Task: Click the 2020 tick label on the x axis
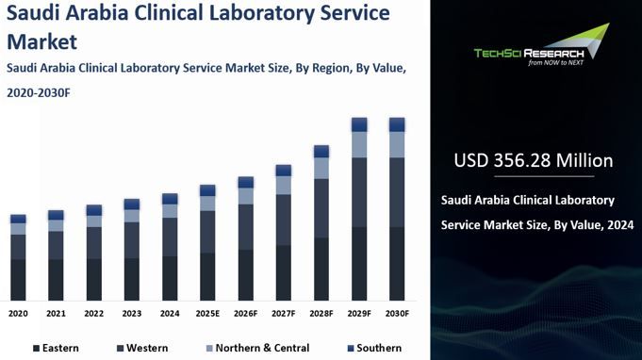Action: (x=18, y=313)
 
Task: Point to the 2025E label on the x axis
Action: (x=207, y=313)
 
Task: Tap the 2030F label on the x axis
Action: (x=397, y=313)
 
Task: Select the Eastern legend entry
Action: (x=56, y=348)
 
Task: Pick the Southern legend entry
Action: (x=373, y=348)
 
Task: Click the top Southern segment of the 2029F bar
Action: (x=359, y=124)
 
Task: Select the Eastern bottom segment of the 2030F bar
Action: (x=397, y=264)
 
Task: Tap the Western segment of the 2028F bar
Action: (x=321, y=208)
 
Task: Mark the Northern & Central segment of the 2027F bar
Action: (x=283, y=185)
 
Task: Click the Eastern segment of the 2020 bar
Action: (x=18, y=280)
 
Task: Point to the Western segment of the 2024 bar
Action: (x=170, y=237)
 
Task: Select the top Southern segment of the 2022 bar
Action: (x=93, y=210)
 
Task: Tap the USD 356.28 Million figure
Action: (x=533, y=160)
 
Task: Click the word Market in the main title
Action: (x=42, y=41)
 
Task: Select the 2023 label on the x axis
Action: (x=132, y=313)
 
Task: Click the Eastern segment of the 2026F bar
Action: (x=245, y=275)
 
